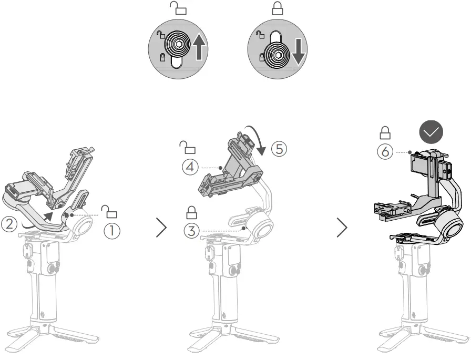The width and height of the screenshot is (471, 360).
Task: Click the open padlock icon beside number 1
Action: click(110, 211)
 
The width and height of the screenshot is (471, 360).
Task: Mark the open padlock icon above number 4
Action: click(188, 146)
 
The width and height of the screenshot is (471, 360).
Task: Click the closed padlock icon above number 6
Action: click(385, 132)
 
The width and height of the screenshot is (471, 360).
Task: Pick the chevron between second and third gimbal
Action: click(342, 228)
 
